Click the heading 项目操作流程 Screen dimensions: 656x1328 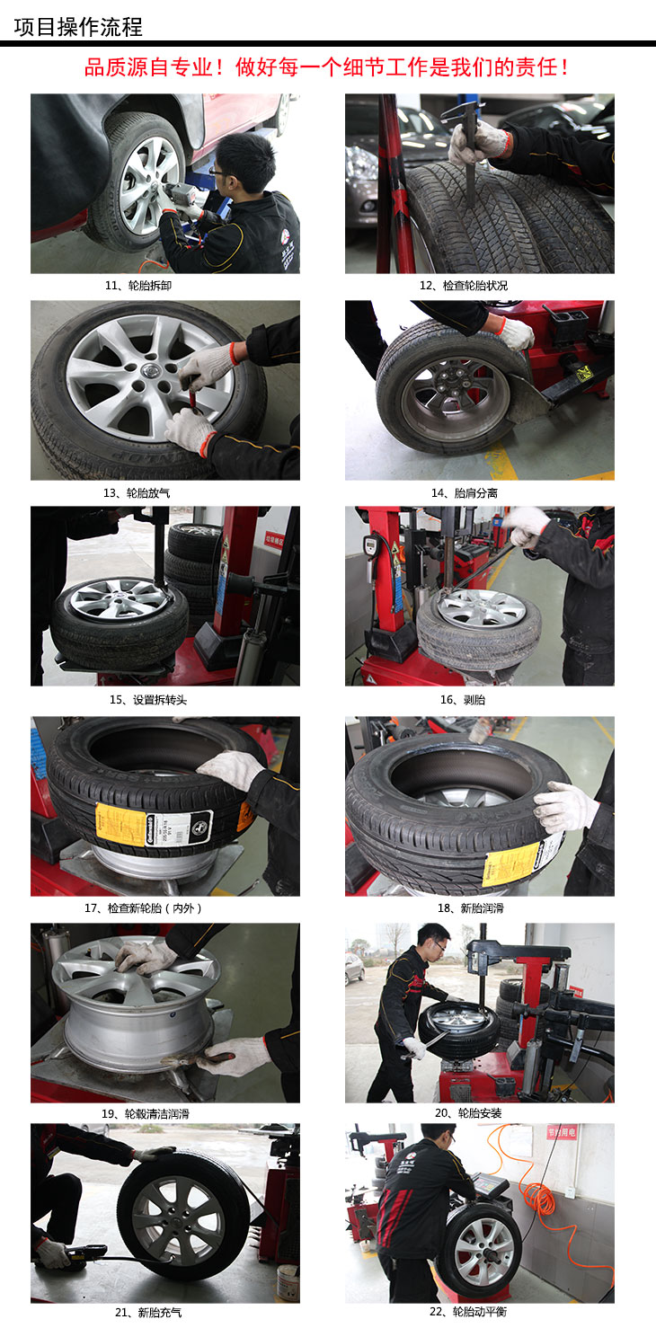(77, 27)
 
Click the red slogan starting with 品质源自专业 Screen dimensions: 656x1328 (327, 67)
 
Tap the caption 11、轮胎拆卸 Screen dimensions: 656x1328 (138, 286)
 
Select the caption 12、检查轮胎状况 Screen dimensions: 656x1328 (464, 286)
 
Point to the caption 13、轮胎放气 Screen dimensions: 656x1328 (137, 493)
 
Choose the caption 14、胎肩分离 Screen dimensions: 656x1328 (465, 493)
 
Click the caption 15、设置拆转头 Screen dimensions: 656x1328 (147, 700)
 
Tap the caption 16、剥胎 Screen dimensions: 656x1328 (463, 700)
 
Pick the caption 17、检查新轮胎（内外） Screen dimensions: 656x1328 (144, 908)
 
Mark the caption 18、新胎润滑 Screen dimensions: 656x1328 (470, 908)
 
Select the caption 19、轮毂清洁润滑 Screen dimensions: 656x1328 (146, 1114)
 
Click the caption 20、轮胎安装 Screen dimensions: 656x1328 (468, 1113)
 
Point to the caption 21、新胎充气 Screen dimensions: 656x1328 (148, 1313)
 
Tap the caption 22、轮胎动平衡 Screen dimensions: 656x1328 (468, 1312)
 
